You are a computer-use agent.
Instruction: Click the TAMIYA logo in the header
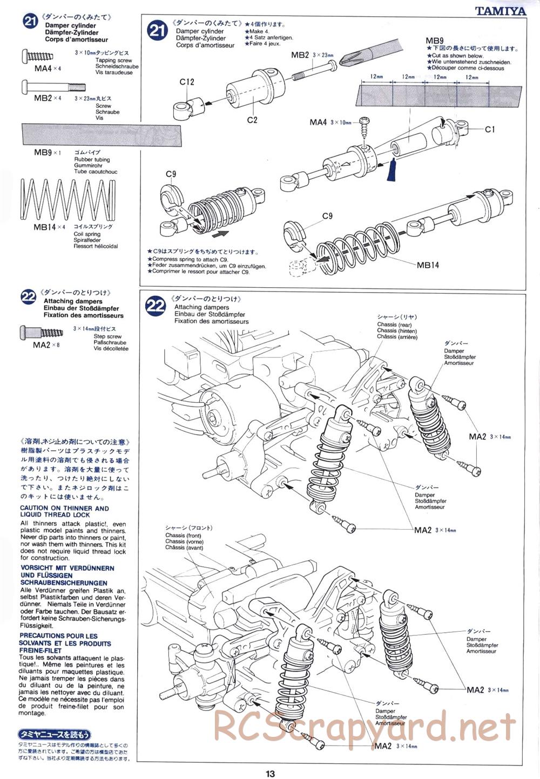click(500, 10)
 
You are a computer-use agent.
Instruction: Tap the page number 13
click(270, 773)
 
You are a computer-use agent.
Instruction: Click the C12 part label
click(187, 82)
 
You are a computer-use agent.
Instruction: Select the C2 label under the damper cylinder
click(252, 119)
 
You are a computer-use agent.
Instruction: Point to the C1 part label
click(490, 129)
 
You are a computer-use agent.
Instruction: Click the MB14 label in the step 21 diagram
click(428, 265)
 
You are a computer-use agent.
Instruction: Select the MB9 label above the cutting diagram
click(434, 40)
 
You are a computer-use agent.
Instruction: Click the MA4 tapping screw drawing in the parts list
click(38, 55)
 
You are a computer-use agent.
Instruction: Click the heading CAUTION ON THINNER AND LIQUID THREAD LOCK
click(64, 511)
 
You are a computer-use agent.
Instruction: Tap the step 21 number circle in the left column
click(29, 22)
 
